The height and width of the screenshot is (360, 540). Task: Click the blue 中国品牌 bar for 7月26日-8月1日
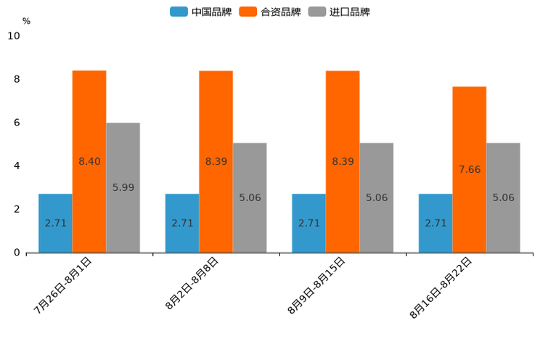(55, 223)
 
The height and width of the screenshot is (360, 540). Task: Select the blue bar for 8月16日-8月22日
(435, 223)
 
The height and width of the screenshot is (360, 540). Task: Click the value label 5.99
(123, 187)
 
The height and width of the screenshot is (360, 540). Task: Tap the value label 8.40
(89, 161)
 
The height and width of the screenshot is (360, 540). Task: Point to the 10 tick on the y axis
(14, 36)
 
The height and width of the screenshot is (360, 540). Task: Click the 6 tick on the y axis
(17, 123)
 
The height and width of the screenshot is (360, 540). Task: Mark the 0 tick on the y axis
(17, 253)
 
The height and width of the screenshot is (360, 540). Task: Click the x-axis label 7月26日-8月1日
(63, 285)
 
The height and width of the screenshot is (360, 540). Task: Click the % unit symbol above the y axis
(26, 21)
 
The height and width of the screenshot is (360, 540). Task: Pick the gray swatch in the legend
(316, 12)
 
